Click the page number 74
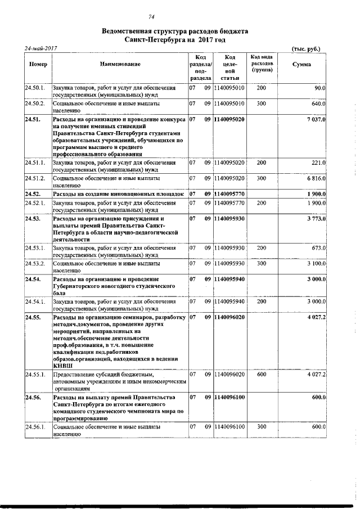click(151, 17)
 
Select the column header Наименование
click(120, 65)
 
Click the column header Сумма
click(301, 65)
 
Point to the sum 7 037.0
click(316, 120)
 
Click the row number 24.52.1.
click(35, 202)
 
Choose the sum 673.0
click(319, 247)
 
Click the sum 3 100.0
click(317, 263)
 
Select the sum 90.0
click(320, 88)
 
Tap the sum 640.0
click(319, 104)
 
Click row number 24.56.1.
click(35, 427)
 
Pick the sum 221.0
click(319, 163)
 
